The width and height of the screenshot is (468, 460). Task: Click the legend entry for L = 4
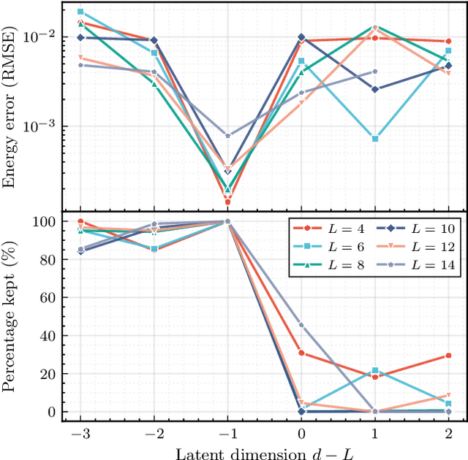click(x=325, y=229)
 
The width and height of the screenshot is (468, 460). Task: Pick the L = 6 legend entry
click(x=325, y=248)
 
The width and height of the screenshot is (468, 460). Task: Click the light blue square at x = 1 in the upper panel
click(x=375, y=139)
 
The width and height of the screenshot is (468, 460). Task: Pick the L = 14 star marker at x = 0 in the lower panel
click(x=301, y=325)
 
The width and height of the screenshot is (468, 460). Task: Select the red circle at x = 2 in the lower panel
click(x=449, y=356)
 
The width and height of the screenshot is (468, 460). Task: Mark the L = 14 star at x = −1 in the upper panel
click(x=227, y=136)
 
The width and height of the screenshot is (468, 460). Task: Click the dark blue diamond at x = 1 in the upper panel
click(x=375, y=89)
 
